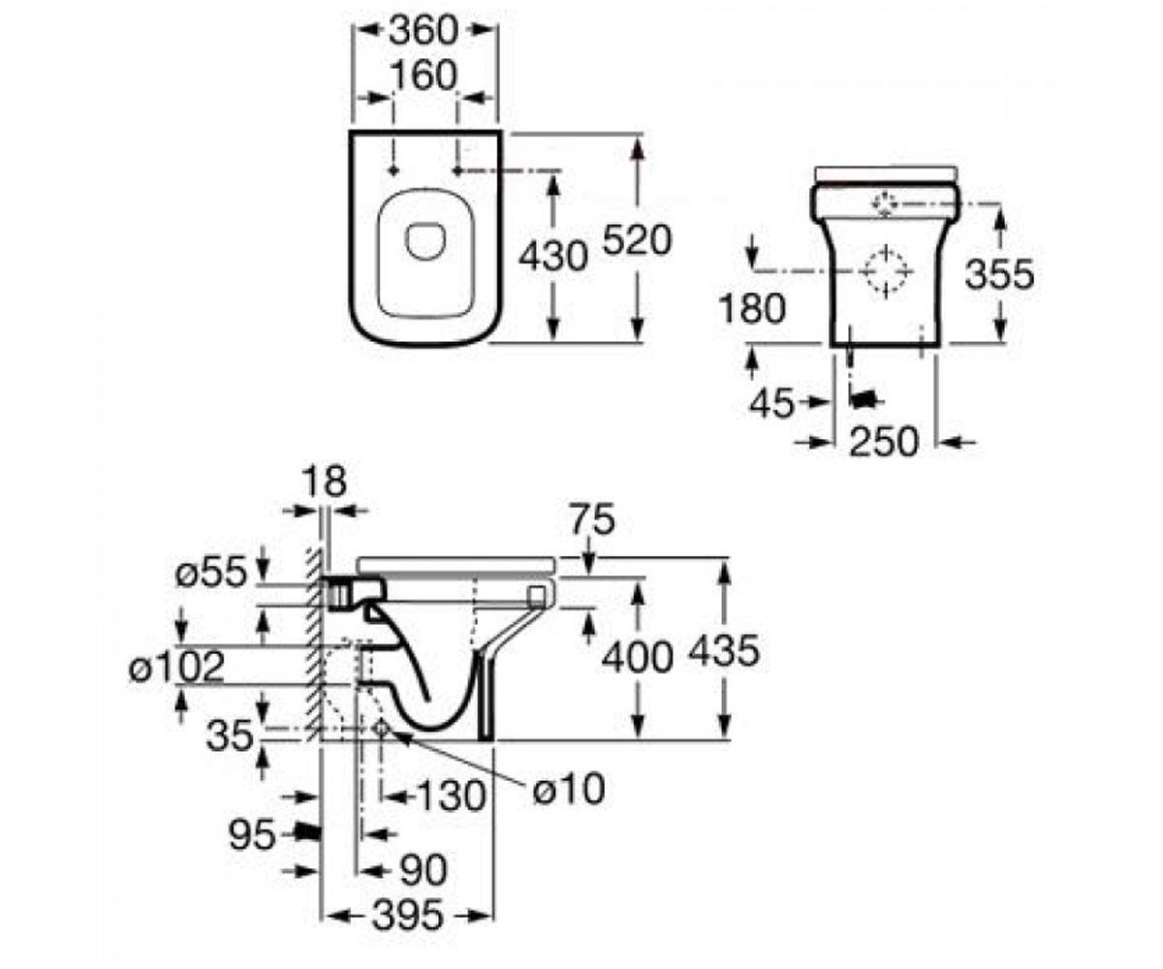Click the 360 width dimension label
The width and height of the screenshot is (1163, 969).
point(424,30)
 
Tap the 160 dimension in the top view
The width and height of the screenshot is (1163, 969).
point(424,76)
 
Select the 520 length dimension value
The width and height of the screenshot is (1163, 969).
point(637,240)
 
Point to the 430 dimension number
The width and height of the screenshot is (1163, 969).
point(553,256)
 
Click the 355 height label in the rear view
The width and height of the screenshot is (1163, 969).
point(999,274)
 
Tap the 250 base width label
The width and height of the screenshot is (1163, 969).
point(883,442)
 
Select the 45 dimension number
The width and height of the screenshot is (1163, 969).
point(771,403)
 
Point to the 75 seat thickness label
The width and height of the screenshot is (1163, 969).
point(592,519)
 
